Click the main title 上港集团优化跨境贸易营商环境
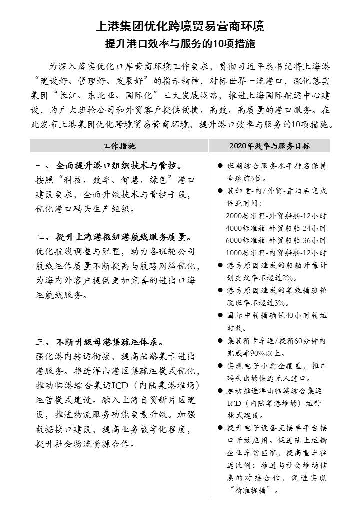point(180,26)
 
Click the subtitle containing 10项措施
point(180,44)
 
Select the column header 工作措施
point(119,146)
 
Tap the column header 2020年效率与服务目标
point(269,146)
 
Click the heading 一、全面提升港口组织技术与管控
point(109,165)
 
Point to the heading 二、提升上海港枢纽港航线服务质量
point(114,236)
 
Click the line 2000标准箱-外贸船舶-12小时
point(276,216)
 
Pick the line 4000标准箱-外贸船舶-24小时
point(276,228)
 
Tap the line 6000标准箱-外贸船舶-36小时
point(276,240)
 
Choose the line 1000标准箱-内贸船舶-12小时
point(276,253)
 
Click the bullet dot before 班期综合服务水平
point(220,166)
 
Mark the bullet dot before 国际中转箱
point(220,315)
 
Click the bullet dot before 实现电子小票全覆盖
point(220,366)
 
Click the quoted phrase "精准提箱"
point(252,490)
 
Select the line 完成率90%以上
point(254,353)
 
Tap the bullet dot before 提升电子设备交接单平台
point(220,428)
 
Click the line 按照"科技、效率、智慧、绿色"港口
point(115,180)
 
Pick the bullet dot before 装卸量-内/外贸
point(220,191)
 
